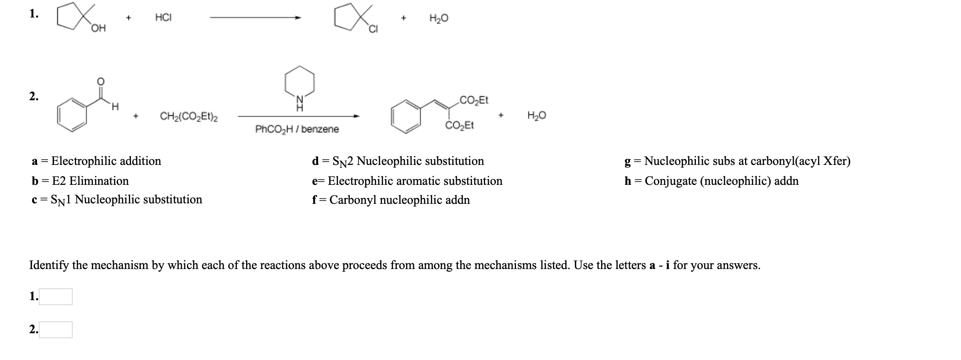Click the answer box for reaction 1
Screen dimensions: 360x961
55,297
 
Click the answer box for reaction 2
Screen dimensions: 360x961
55,330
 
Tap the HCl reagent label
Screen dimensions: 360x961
163,18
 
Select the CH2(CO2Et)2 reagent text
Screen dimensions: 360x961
189,117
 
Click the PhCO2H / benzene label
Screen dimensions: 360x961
297,129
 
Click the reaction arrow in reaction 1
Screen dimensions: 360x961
255,18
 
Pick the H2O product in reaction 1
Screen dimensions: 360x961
439,18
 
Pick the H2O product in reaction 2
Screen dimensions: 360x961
536,116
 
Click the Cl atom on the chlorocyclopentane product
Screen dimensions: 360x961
374,30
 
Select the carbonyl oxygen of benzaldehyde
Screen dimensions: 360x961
100,81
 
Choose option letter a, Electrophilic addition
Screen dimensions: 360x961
35,162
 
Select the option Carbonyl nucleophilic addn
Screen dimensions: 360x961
399,200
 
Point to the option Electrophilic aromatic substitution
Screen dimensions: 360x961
415,181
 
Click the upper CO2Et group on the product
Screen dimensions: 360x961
474,101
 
